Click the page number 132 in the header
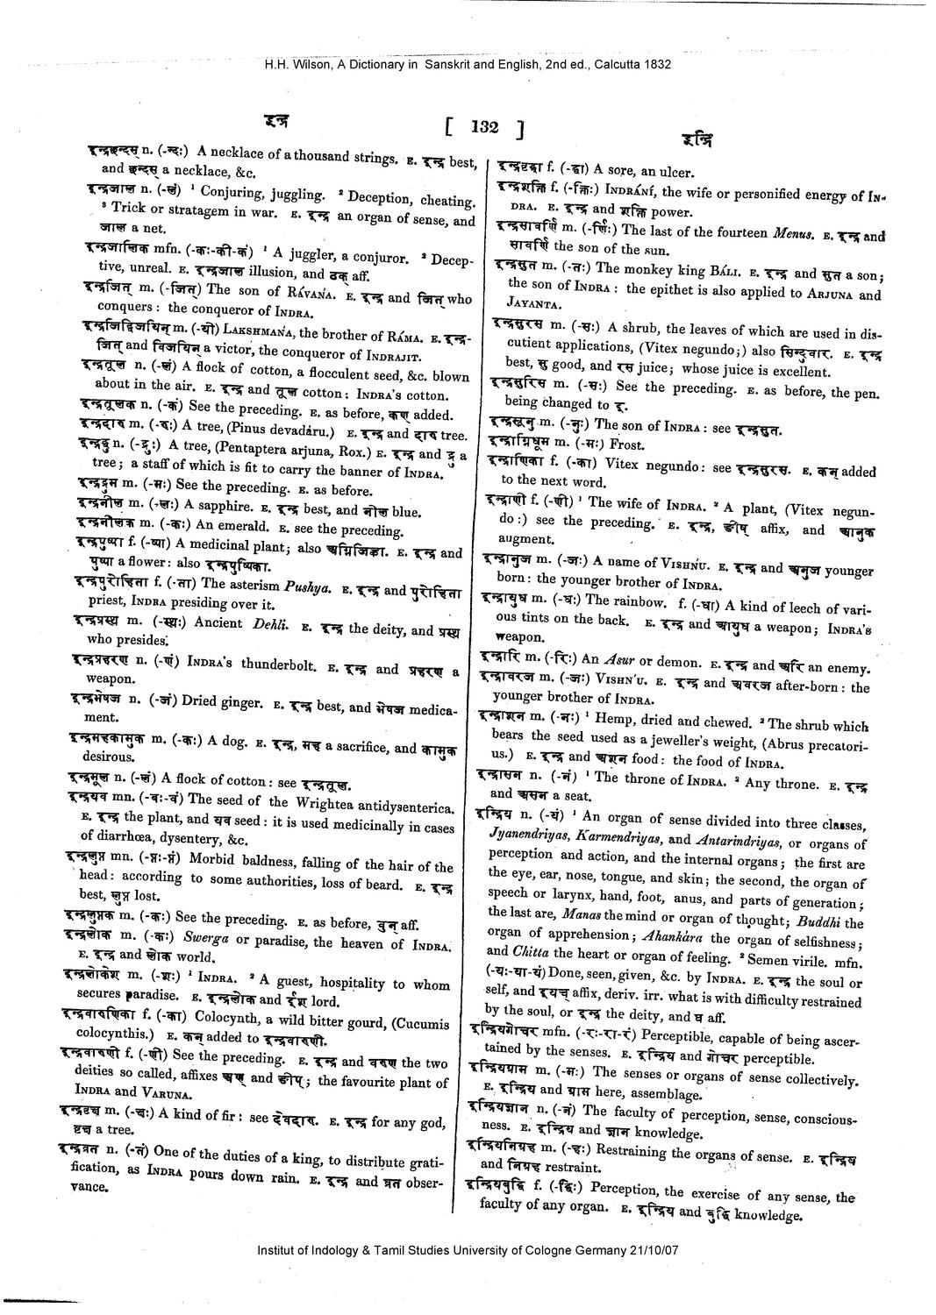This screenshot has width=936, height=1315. pyautogui.click(x=484, y=128)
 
